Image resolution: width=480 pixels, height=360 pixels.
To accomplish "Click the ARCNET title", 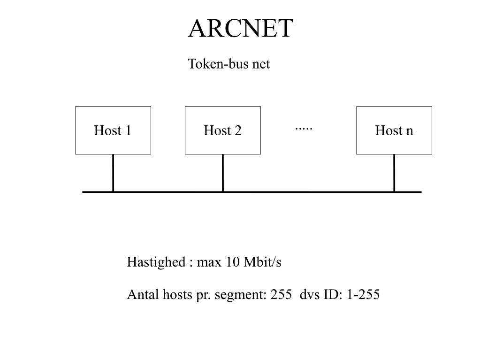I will [x=240, y=29].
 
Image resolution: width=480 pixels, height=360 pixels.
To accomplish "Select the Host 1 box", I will [x=113, y=130].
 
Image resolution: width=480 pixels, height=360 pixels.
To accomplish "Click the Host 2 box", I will [x=222, y=130].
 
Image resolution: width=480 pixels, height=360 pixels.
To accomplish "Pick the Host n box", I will [x=394, y=130].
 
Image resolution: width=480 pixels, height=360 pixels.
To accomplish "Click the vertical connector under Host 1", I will [x=113, y=172].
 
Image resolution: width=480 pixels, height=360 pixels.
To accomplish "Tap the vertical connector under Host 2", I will [x=222, y=172].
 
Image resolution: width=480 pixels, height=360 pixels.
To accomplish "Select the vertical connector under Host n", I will [x=394, y=172].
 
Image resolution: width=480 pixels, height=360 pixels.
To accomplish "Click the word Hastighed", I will [x=156, y=262].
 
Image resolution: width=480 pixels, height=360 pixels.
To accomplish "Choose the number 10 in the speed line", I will [x=232, y=262].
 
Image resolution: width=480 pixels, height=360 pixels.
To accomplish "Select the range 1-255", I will [x=363, y=295].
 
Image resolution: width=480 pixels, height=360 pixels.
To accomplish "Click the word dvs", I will [x=310, y=295].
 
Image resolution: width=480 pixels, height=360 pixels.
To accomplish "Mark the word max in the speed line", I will [x=209, y=262].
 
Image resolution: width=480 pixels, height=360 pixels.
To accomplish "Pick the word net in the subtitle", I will [x=261, y=64].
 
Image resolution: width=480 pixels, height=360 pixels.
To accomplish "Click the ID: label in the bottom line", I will [x=334, y=295].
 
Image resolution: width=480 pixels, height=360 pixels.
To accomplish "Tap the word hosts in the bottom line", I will [x=177, y=295].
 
